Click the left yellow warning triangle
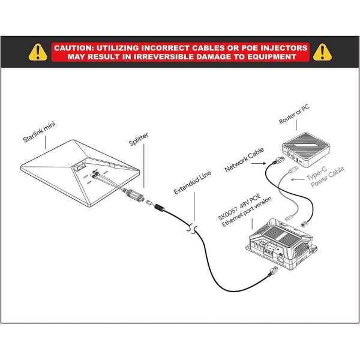[39, 52]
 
